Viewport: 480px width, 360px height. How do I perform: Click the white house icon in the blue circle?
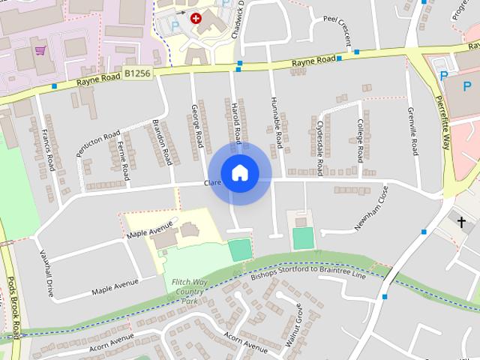(x=239, y=173)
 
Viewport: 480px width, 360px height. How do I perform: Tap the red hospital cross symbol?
(x=196, y=18)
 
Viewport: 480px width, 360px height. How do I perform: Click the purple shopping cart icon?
(x=40, y=51)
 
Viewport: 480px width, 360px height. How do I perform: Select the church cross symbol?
(x=462, y=222)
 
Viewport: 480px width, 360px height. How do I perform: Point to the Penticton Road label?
(x=97, y=144)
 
